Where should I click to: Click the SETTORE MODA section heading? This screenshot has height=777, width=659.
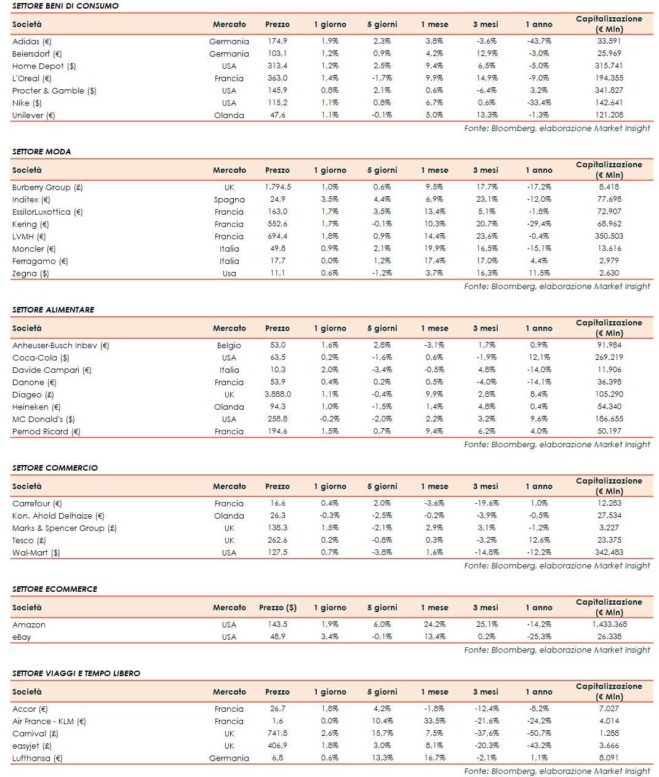[41, 151]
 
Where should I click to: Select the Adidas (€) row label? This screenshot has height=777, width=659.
[31, 41]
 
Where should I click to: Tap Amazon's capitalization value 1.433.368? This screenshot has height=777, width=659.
[609, 624]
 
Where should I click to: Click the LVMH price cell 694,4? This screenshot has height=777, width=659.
[277, 236]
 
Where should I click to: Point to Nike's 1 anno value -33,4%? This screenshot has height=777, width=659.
[539, 103]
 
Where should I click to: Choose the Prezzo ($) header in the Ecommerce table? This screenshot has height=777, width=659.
[278, 607]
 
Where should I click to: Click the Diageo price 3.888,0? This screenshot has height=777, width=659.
[278, 394]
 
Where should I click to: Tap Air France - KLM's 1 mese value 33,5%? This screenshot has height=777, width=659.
[434, 721]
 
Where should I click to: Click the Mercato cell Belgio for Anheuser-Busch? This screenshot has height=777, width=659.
[229, 345]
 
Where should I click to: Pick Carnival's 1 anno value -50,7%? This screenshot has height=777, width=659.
[539, 733]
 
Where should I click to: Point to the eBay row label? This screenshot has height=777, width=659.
[22, 637]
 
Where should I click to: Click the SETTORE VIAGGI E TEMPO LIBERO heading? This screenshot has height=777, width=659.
[76, 673]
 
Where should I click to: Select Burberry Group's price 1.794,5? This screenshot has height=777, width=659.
[278, 187]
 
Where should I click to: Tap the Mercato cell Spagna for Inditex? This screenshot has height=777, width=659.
[229, 199]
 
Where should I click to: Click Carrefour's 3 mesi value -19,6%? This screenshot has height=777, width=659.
[487, 503]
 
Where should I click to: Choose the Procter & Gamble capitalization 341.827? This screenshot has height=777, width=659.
[609, 90]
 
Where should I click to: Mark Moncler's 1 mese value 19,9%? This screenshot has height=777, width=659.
[434, 249]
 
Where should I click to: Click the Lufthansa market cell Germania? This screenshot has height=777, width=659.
[229, 758]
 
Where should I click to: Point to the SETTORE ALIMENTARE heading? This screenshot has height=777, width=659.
[54, 309]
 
